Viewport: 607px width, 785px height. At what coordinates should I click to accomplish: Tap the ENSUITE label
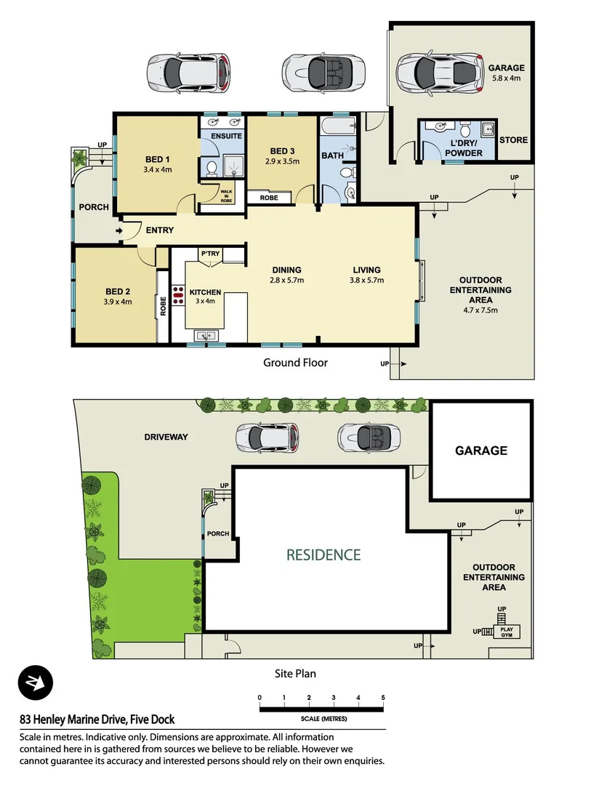point(222,136)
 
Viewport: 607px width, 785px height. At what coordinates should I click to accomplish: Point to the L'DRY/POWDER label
point(463,148)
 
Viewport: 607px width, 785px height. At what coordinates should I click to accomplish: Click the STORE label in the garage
point(513,140)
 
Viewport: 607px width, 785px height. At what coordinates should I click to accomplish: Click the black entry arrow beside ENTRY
point(119,231)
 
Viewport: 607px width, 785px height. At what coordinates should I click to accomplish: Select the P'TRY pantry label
point(210,254)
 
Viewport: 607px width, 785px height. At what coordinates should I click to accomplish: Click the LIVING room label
point(366,269)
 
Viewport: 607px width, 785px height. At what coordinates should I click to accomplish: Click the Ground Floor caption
point(295,362)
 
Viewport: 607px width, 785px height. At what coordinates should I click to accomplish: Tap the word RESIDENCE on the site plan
point(323,555)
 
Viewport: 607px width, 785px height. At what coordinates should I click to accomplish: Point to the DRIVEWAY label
point(166,437)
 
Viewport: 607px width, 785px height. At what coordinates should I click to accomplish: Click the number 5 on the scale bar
point(382,698)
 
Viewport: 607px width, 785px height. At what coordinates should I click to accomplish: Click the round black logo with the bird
point(36,683)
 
